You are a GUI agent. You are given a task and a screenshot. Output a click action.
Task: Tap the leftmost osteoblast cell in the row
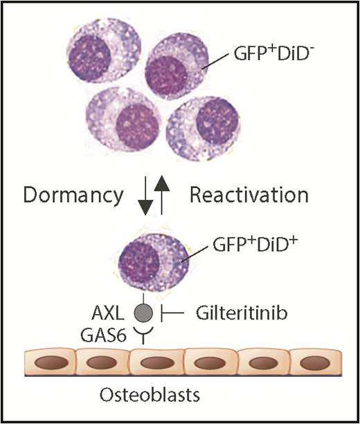(50, 365)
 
